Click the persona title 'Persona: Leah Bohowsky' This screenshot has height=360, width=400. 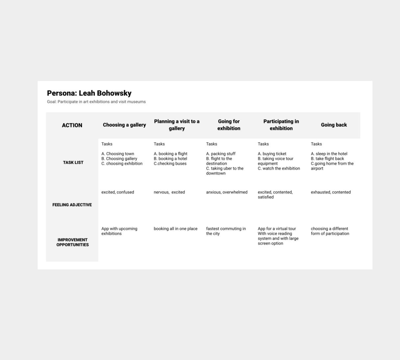click(89, 93)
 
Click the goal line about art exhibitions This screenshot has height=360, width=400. click(96, 102)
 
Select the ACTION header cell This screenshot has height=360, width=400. click(72, 125)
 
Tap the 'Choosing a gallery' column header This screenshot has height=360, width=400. click(124, 125)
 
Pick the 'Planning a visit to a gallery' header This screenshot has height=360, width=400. click(177, 125)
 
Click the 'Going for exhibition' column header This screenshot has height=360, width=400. click(229, 125)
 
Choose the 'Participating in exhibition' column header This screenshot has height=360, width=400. click(281, 125)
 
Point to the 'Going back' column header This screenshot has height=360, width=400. click(334, 125)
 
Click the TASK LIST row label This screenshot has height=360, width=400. click(73, 162)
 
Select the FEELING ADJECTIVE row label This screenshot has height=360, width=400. click(72, 205)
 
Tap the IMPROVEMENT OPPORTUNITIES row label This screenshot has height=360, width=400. click(72, 242)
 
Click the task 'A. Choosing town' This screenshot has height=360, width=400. click(118, 154)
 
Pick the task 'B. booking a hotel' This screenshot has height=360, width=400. click(170, 159)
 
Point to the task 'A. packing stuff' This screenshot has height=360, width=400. click(221, 154)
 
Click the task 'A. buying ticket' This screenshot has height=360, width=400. click(272, 154)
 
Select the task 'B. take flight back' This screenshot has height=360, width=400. click(327, 159)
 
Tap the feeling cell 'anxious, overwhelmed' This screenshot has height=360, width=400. click(227, 192)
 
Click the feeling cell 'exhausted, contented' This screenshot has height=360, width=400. click(331, 192)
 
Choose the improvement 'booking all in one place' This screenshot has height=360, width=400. click(176, 229)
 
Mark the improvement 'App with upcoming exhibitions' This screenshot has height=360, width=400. click(119, 231)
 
